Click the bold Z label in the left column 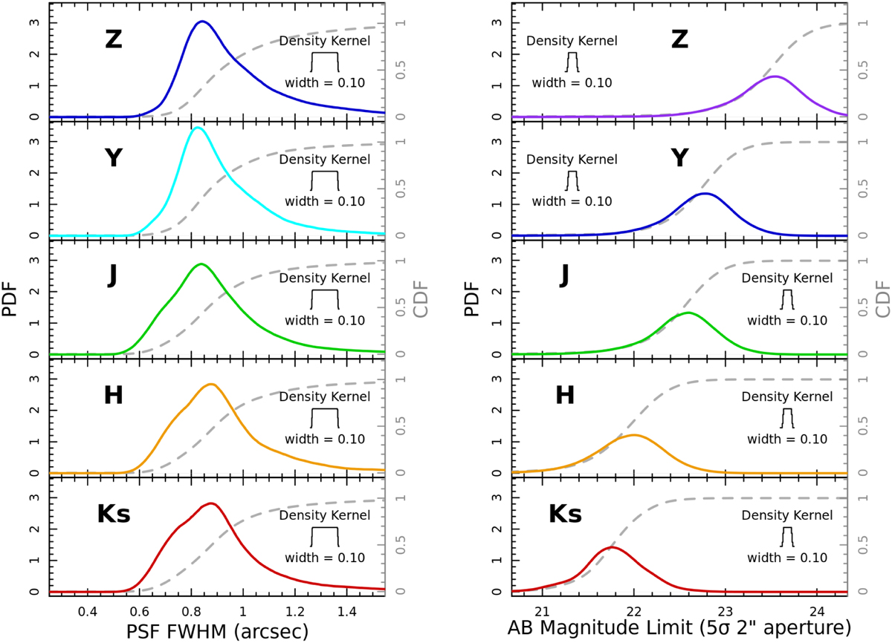coord(114,41)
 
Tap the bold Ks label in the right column coord(566,514)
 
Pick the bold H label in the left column coord(114,395)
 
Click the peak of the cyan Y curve coord(196,128)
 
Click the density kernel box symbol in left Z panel coord(325,60)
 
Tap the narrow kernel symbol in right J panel coord(787,298)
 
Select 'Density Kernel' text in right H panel coord(787,396)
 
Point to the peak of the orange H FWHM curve coord(211,384)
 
